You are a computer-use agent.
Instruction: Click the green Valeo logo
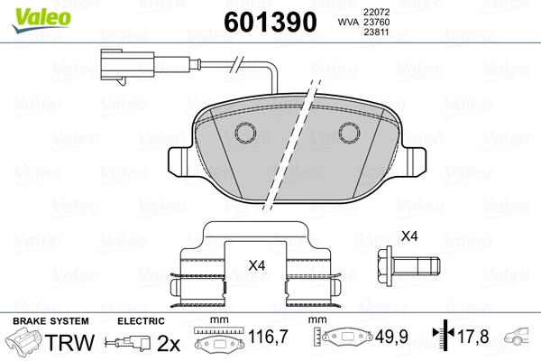[41, 20]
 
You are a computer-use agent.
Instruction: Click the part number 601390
[270, 22]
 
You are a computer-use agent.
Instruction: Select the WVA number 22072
[376, 12]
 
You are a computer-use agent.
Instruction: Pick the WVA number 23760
[376, 22]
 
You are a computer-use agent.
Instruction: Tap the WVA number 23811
[376, 32]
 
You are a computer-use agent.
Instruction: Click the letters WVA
[348, 22]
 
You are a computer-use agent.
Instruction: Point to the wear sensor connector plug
[128, 66]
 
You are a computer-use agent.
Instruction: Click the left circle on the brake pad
[245, 133]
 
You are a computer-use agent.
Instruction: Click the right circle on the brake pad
[349, 133]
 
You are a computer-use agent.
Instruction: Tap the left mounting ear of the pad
[179, 160]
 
